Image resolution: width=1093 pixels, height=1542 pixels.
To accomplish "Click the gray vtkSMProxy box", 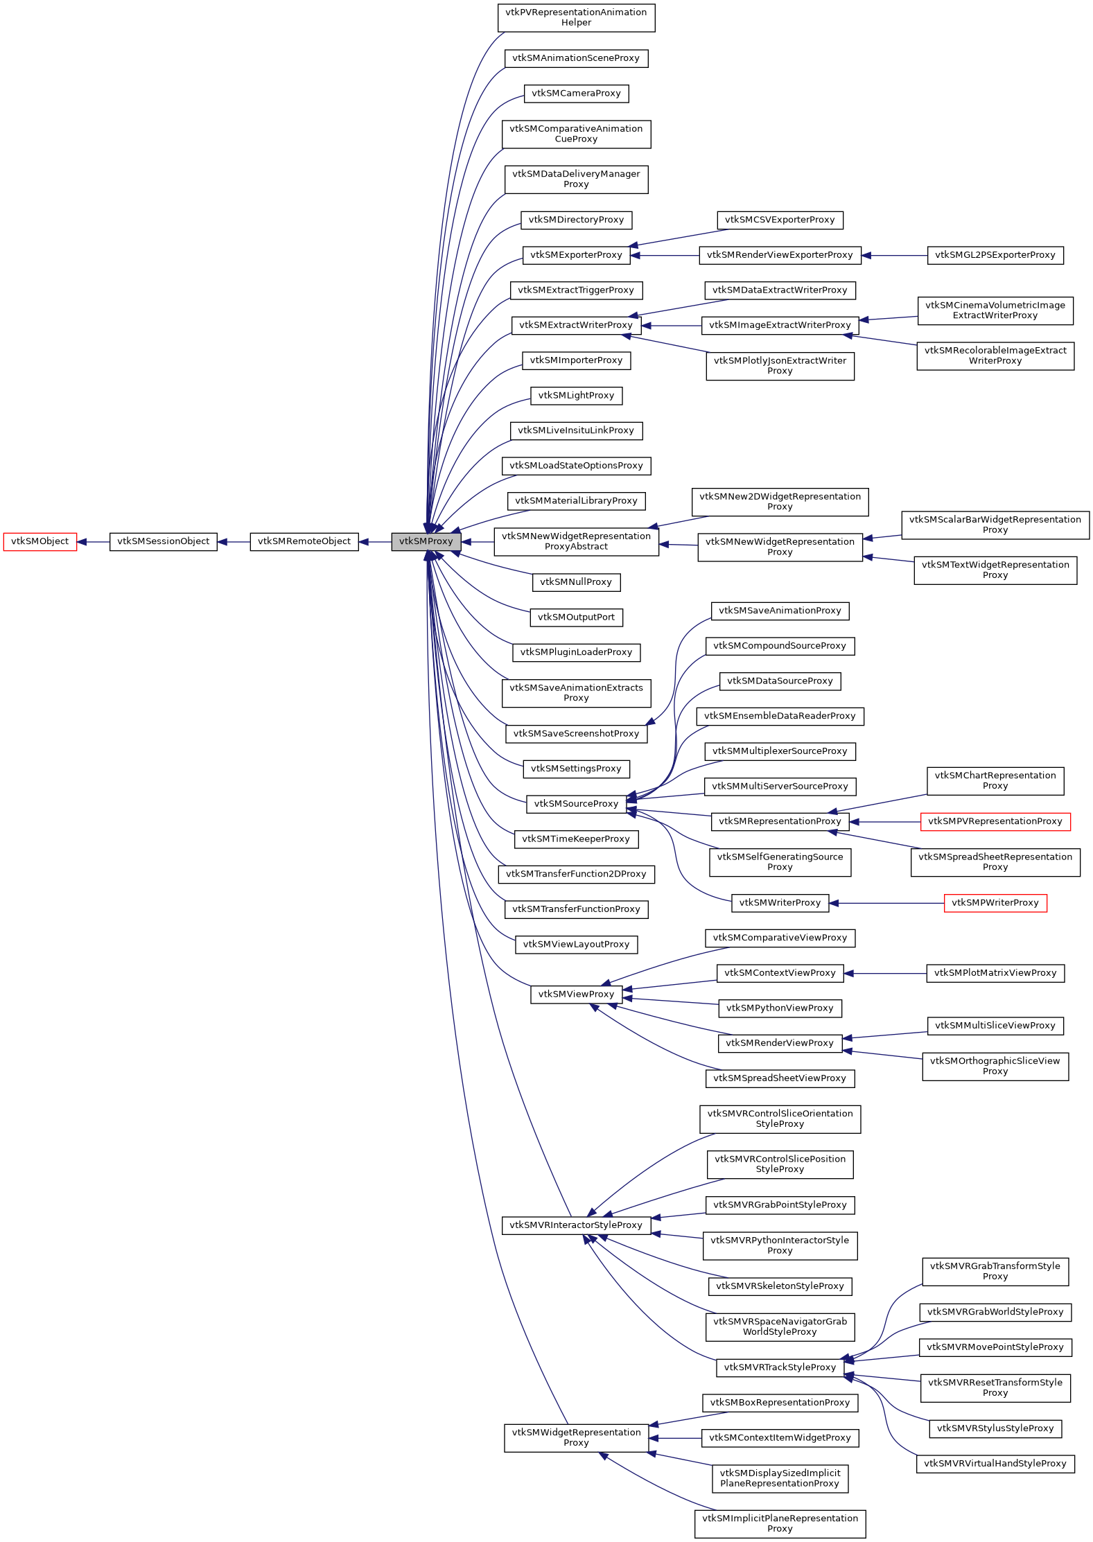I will click(426, 541).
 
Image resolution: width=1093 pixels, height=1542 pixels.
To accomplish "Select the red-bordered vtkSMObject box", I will click(40, 541).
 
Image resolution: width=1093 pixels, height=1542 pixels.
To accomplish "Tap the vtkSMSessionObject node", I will click(163, 541).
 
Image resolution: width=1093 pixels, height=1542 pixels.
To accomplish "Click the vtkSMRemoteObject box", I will click(304, 541).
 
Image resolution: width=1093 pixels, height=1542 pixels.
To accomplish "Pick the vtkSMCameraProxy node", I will click(576, 94).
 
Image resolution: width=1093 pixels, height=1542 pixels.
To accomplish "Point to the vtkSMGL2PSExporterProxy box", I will click(995, 255).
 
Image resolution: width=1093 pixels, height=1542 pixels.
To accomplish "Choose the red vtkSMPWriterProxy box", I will click(995, 903).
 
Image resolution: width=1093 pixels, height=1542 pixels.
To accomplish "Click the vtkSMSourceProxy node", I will click(576, 804).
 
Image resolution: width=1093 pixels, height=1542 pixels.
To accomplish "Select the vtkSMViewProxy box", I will click(576, 995).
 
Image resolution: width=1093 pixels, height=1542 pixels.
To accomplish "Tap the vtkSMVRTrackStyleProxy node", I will click(780, 1367).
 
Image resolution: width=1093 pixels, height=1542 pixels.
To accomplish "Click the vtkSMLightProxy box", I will click(576, 396).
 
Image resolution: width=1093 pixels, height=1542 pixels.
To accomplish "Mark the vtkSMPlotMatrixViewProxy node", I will click(995, 973).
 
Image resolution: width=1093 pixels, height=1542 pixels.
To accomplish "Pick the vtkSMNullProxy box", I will click(576, 582).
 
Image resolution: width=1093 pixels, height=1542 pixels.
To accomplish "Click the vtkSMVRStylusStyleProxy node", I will click(995, 1428).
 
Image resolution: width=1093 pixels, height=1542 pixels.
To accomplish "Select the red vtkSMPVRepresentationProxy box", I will click(995, 821).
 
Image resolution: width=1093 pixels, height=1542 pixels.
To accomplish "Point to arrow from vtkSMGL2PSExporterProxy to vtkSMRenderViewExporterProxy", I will click(894, 256).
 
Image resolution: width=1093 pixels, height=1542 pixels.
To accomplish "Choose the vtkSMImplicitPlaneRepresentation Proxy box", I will click(780, 1523).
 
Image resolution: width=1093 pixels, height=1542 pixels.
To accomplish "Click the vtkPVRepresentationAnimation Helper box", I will click(576, 17).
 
